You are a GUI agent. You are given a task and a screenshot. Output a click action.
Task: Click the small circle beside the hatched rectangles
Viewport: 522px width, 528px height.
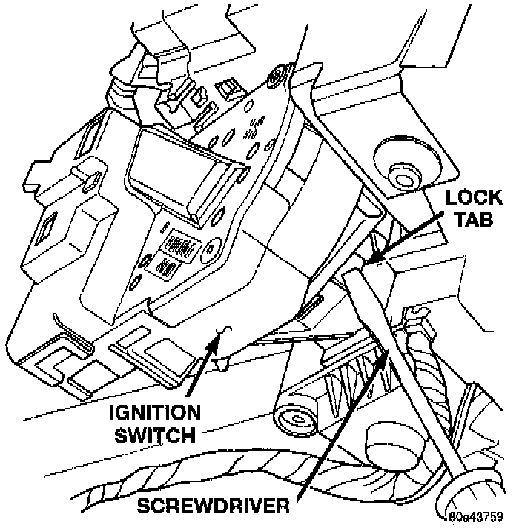point(214,249)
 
